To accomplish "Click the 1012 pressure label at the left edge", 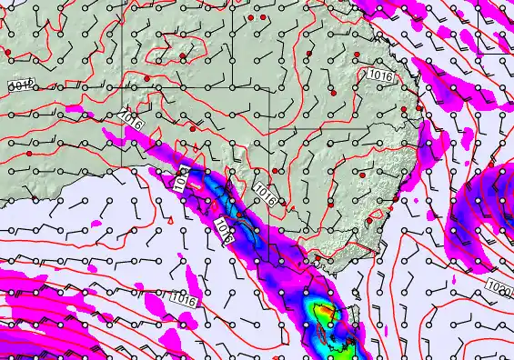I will pyautogui.click(x=20, y=85).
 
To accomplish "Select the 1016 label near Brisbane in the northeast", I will pyautogui.click(x=381, y=76).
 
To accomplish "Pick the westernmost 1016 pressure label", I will pyautogui.click(x=130, y=118).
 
